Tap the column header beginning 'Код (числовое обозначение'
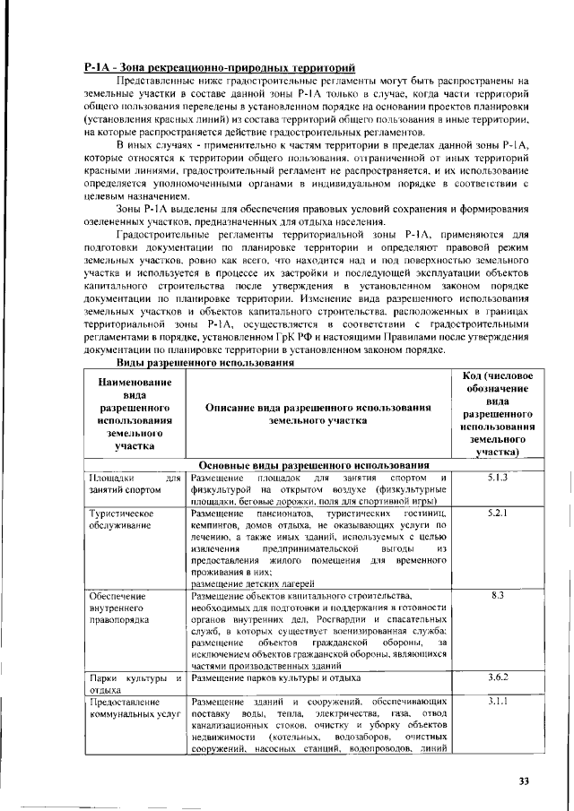(497, 413)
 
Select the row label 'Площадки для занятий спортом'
(132, 484)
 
